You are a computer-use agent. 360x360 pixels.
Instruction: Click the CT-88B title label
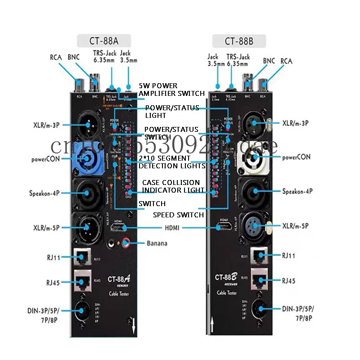pos(239,42)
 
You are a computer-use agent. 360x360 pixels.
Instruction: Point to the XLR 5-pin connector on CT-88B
pos(255,225)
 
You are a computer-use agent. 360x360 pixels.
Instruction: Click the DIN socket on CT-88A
pos(84,309)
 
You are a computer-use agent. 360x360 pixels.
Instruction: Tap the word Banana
pos(157,243)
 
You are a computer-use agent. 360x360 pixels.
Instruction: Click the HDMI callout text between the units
pos(172,228)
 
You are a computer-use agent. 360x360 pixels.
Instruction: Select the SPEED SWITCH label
pos(178,215)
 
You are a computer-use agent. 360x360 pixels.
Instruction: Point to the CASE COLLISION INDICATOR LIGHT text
pos(171,186)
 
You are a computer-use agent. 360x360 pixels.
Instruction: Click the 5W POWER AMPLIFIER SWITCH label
pos(171,89)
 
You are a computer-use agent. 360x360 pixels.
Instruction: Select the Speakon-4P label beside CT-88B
pos(297,191)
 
